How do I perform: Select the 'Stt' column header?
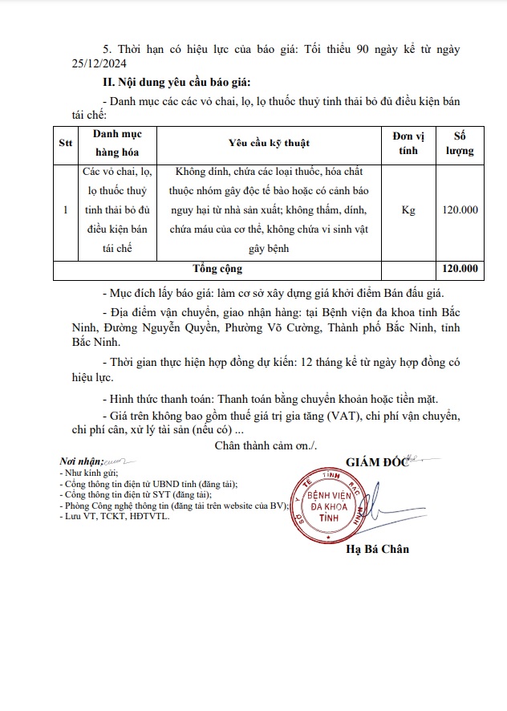(x=65, y=144)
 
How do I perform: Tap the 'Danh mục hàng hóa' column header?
(x=118, y=143)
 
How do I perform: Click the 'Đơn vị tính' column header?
(x=408, y=143)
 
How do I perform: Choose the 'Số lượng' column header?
(x=460, y=143)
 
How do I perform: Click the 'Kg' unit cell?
(x=408, y=210)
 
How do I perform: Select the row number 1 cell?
(x=65, y=210)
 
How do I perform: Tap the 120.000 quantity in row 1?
(x=460, y=210)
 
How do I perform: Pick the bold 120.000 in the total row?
(x=460, y=269)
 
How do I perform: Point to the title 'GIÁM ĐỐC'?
(x=377, y=461)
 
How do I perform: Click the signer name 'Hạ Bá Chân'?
(x=377, y=549)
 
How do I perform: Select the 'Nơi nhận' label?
(x=81, y=463)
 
